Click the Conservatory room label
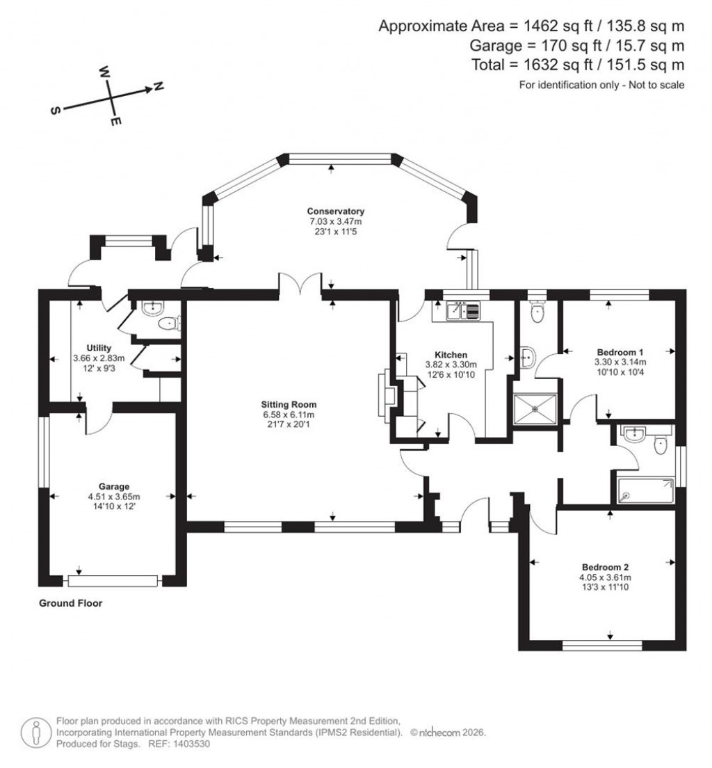336,211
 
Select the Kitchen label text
451,354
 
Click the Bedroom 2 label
605,566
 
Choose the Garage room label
114,486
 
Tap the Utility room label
99,348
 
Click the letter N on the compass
158,86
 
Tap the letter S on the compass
56,110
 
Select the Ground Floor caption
70,603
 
